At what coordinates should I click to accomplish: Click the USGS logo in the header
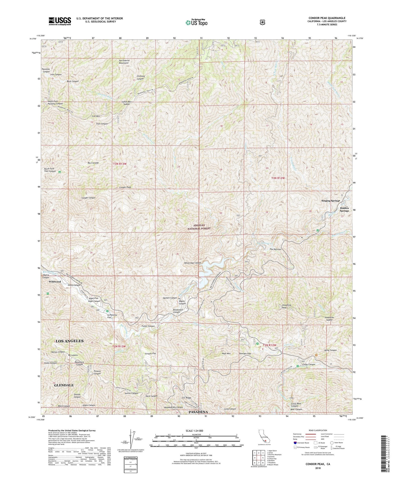[60, 21]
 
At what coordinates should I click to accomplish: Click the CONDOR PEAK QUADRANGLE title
[325, 18]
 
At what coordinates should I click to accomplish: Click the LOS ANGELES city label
[69, 341]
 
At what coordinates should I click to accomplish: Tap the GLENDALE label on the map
[64, 385]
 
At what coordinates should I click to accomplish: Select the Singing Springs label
[331, 201]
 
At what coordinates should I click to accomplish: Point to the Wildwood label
[55, 282]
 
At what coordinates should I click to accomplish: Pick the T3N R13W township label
[120, 164]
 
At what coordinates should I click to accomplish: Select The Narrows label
[275, 249]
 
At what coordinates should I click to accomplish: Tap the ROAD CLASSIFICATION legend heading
[316, 430]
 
